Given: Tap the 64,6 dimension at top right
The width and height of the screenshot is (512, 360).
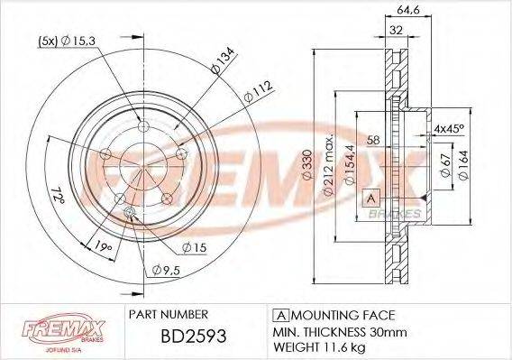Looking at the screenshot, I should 411,11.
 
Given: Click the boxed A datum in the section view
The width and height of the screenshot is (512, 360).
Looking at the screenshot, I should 370,198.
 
